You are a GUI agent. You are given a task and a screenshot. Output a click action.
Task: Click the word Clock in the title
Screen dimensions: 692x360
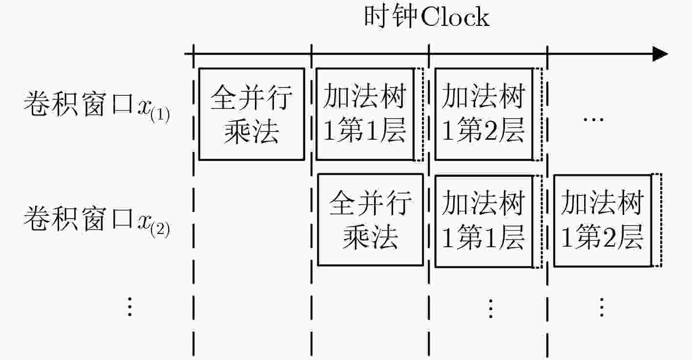tap(455, 17)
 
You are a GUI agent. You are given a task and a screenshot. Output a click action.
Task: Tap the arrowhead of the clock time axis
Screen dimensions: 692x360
tap(660, 54)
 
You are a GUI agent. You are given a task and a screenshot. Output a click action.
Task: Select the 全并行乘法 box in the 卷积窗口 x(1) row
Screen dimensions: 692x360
tap(252, 114)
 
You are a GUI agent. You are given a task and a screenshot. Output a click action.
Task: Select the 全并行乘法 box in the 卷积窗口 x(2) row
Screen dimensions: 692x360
tap(370, 220)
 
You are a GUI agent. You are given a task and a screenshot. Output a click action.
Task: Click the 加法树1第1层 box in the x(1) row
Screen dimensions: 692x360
tap(365, 114)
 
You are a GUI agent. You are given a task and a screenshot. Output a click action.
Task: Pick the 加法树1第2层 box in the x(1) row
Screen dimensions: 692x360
tap(484, 114)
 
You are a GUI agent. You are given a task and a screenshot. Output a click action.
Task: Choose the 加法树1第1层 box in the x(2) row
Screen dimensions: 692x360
tap(484, 221)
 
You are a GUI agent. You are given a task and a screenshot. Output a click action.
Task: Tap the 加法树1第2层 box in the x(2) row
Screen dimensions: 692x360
tap(603, 221)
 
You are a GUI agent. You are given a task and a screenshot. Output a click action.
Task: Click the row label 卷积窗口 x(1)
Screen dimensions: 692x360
tap(96, 106)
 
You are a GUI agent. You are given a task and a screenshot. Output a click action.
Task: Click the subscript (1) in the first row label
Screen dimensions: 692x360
tap(160, 115)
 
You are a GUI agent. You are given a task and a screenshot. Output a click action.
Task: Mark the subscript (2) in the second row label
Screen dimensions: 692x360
tap(160, 230)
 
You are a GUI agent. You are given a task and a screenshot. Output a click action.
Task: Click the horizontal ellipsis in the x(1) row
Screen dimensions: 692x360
tap(593, 120)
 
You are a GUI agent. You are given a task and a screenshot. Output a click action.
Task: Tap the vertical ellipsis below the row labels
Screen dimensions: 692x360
tap(130, 307)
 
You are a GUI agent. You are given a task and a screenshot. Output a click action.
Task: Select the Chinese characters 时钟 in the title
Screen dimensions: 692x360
tap(391, 17)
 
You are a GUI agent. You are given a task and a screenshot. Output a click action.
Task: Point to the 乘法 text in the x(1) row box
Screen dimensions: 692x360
tap(252, 131)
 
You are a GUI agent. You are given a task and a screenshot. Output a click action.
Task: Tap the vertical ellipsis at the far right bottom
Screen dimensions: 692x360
tap(602, 307)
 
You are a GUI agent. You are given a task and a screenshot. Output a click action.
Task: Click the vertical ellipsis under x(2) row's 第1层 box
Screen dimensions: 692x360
tap(491, 308)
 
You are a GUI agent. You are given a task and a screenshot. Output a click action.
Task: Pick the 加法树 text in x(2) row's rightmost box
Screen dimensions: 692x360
tap(603, 203)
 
